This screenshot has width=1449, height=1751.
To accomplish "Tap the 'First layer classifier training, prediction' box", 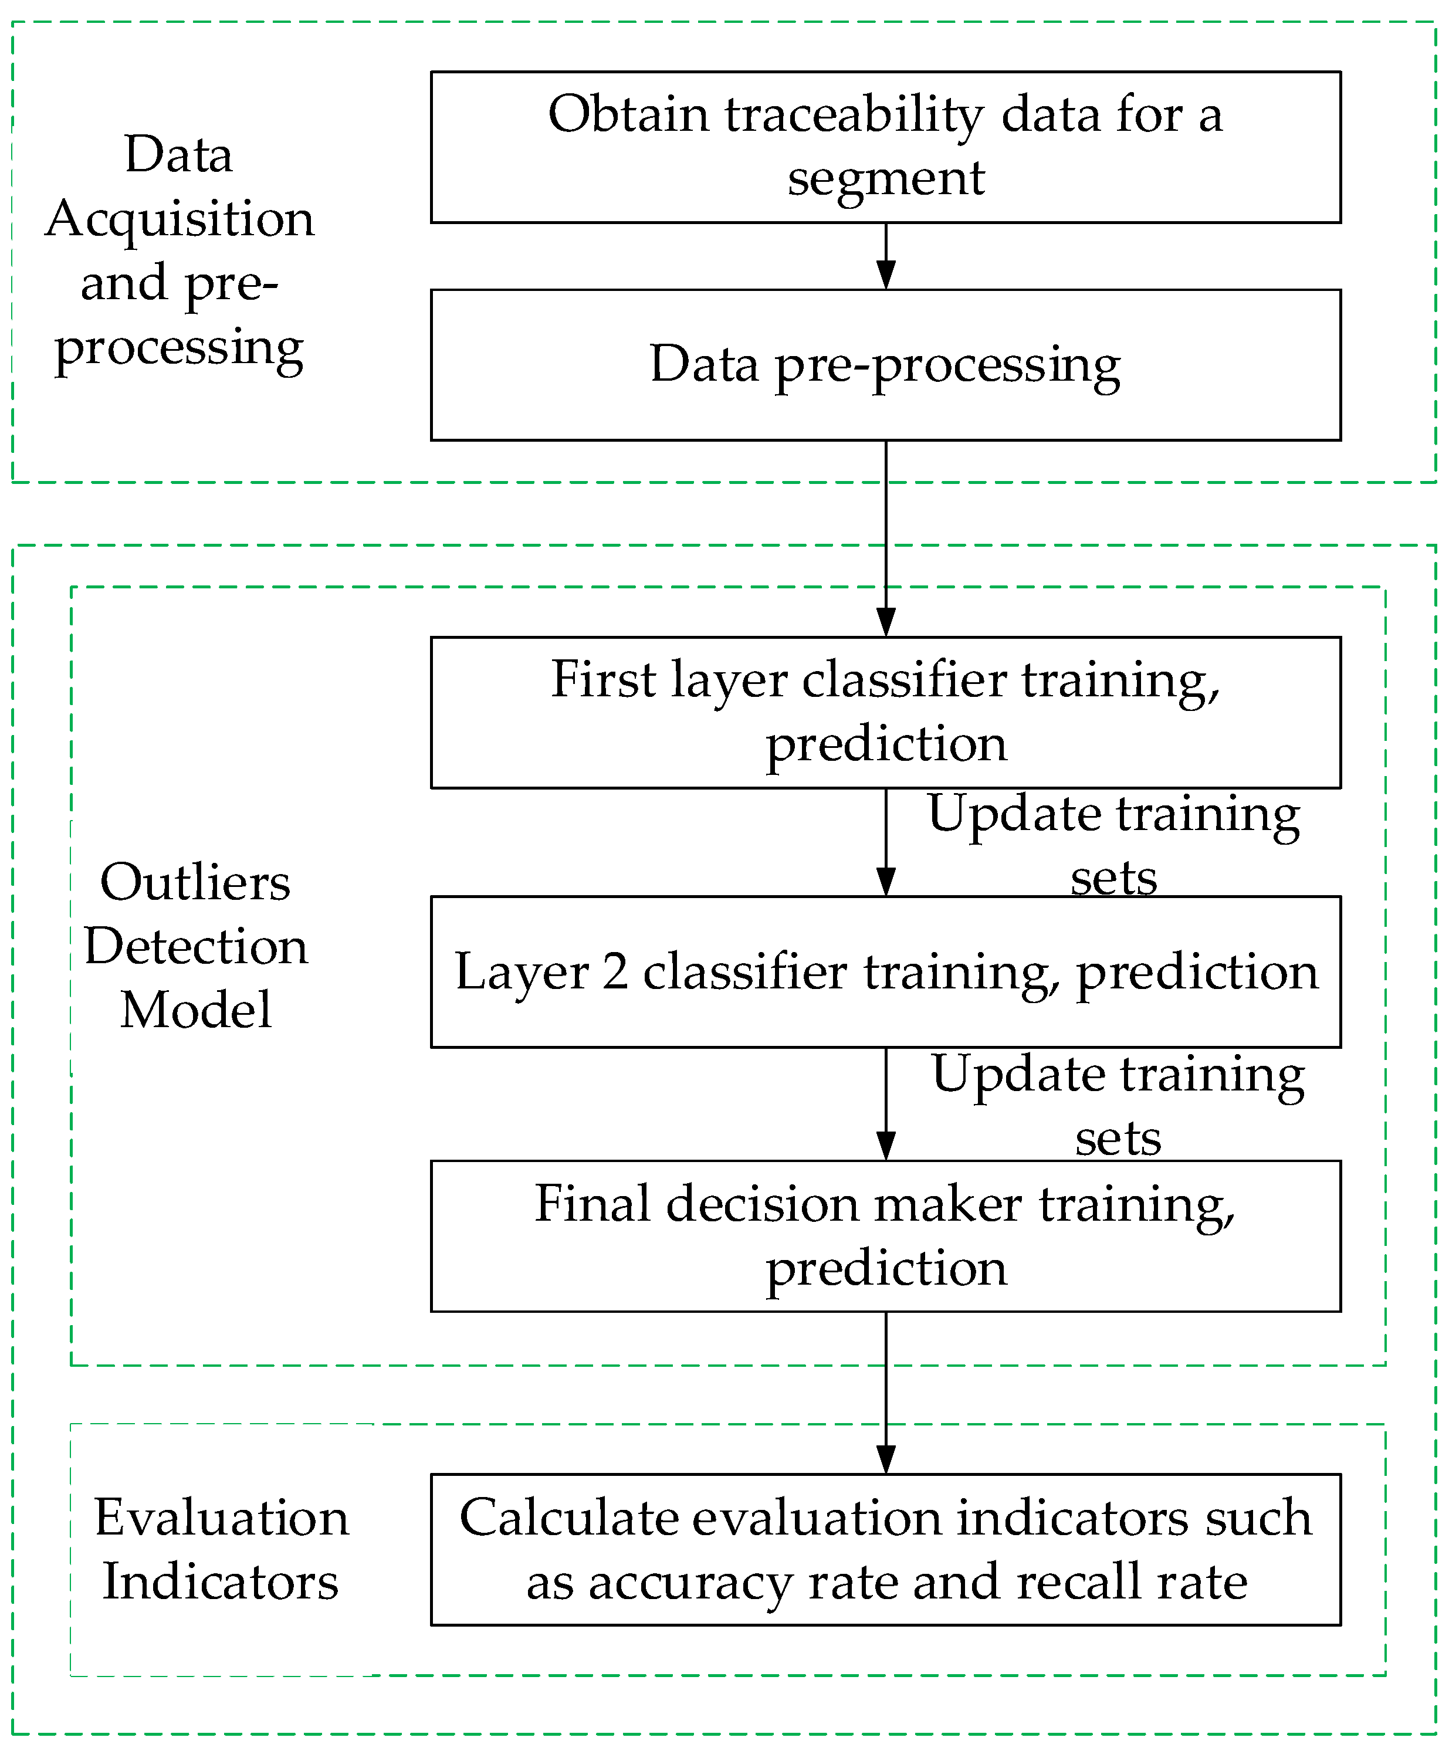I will coord(885,712).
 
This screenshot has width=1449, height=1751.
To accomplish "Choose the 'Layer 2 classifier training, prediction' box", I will coord(885,972).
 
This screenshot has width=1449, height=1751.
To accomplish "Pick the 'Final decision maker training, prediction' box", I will coord(885,1236).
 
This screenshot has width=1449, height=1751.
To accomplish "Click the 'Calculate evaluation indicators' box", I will coord(885,1550).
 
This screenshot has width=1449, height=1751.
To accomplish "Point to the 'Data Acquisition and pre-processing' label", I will coord(180,250).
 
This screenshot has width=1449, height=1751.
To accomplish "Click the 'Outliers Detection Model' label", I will coord(196,946).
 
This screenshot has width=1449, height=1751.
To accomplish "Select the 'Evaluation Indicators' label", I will coord(221,1549).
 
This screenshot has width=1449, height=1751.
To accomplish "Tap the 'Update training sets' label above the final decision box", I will coord(1117,1104).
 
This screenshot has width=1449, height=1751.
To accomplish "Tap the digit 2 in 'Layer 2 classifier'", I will coord(615,972).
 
